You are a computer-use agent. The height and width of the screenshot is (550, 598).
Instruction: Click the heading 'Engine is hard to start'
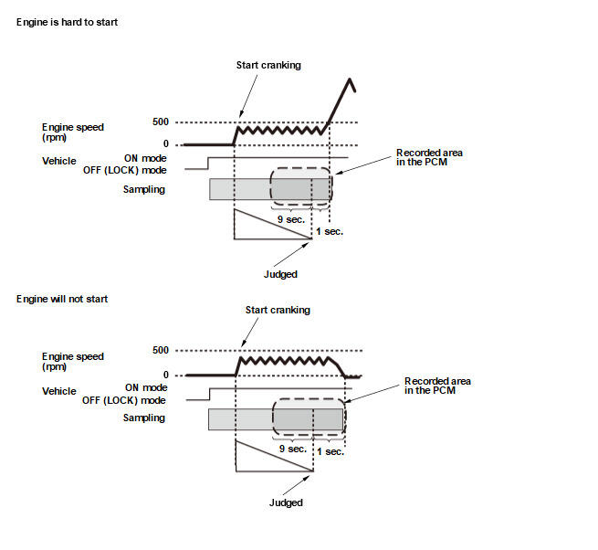click(x=67, y=22)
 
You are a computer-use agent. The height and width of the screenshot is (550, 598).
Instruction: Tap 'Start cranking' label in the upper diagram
click(x=268, y=66)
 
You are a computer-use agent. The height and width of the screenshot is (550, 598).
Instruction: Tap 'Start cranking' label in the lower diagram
click(x=278, y=310)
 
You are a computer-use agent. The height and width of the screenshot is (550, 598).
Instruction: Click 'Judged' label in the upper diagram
click(x=278, y=273)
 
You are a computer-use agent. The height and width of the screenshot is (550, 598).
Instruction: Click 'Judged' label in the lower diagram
click(x=286, y=502)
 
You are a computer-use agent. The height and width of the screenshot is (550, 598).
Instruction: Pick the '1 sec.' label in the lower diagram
click(x=330, y=450)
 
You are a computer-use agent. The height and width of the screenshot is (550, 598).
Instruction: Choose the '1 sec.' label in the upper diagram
click(x=329, y=231)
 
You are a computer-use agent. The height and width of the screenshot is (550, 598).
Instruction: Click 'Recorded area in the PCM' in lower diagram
click(x=436, y=386)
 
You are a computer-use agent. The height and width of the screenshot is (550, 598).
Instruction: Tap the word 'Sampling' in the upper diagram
click(x=144, y=189)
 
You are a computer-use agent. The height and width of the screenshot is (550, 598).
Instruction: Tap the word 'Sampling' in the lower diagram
click(x=144, y=418)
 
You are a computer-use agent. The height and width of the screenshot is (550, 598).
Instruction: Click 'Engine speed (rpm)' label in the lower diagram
click(x=73, y=362)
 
